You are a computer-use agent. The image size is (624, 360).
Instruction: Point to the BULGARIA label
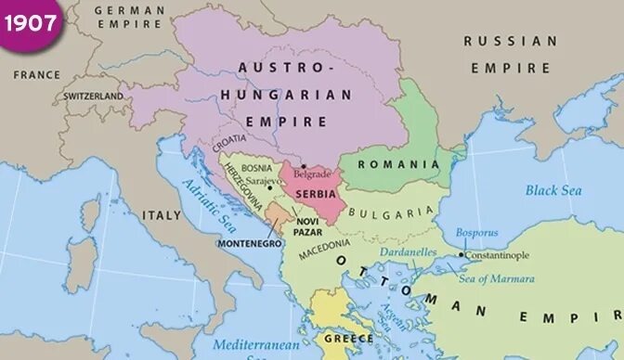tap(392, 212)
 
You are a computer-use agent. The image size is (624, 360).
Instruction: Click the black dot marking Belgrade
tap(303, 166)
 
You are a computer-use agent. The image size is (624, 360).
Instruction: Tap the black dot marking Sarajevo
tap(269, 187)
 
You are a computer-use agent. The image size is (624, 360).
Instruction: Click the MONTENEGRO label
tap(248, 243)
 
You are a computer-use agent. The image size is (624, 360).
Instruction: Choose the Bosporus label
tap(476, 232)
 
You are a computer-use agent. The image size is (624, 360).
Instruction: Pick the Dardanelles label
tap(408, 251)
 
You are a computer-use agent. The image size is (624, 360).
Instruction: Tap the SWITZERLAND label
tap(94, 96)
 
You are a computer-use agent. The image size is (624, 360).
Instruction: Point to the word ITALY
tap(162, 214)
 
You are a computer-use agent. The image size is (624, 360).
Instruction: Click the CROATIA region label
tap(229, 142)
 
